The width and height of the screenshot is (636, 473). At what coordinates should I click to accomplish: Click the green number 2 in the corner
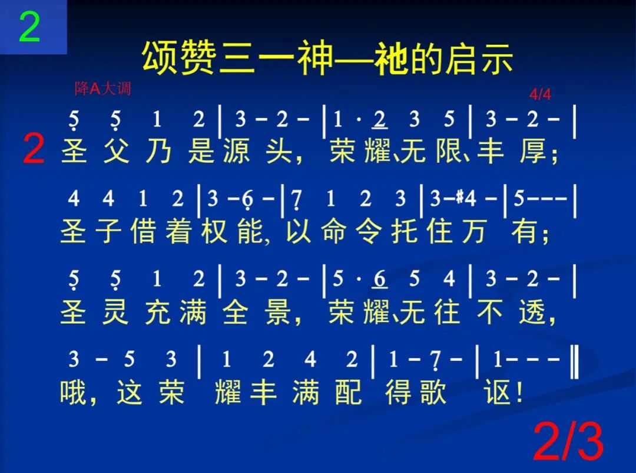(x=30, y=27)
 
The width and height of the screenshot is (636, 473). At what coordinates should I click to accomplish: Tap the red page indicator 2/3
(x=568, y=442)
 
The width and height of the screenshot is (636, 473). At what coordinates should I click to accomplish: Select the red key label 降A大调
(x=103, y=89)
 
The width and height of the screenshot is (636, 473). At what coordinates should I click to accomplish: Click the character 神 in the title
(x=316, y=59)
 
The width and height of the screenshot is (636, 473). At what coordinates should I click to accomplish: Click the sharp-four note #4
(x=469, y=199)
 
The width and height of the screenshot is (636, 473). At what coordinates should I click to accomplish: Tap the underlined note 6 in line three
(x=380, y=278)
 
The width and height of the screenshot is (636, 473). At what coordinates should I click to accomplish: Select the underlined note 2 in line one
(x=380, y=120)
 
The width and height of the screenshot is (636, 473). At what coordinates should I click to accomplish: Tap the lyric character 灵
(x=115, y=311)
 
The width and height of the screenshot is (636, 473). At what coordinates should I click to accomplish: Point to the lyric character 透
(x=534, y=311)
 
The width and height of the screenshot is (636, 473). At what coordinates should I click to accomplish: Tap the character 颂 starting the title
(x=160, y=59)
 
